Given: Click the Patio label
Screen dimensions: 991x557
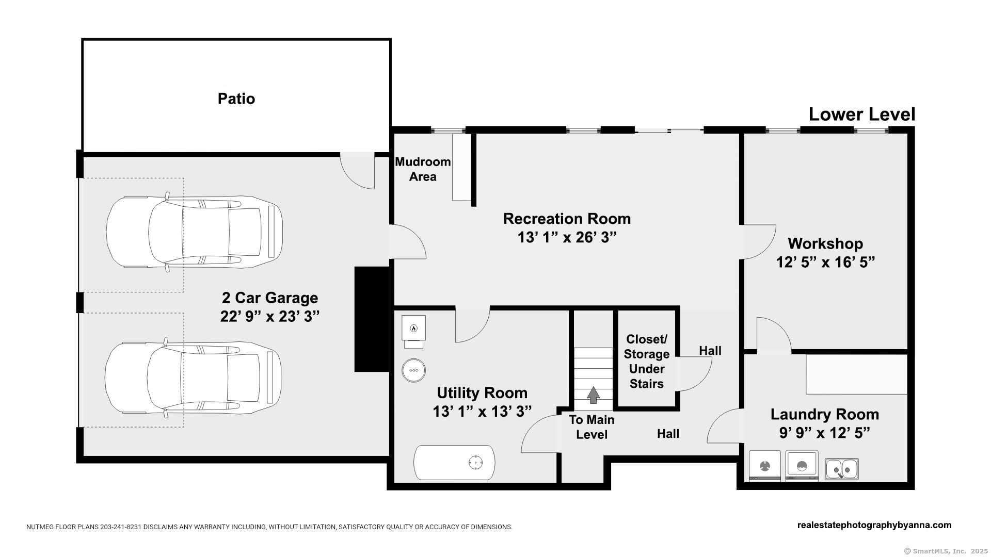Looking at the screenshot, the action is (x=236, y=99).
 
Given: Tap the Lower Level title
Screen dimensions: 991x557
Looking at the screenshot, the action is (x=861, y=114).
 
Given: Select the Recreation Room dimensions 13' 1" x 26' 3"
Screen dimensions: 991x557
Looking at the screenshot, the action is (x=567, y=237).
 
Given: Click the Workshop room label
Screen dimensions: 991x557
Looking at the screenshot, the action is (x=825, y=243).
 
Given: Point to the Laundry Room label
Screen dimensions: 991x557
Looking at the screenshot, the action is (x=825, y=414).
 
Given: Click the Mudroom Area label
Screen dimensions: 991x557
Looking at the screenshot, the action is (x=423, y=169).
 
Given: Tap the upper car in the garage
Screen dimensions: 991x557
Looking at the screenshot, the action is (x=194, y=232).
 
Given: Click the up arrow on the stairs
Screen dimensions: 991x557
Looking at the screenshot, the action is (x=594, y=395).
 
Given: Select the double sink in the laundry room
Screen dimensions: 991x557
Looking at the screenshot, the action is (x=842, y=469).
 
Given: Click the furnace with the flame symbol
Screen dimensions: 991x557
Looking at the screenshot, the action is (x=413, y=328).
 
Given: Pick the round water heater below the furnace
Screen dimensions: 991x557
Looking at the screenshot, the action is (x=414, y=370).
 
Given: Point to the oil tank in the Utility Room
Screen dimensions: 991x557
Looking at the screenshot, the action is (x=454, y=463).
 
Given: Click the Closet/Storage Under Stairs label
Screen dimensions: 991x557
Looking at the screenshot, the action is (x=647, y=362).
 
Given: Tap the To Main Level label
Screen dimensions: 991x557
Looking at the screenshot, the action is (x=592, y=427).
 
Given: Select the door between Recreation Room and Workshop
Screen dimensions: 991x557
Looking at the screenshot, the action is (x=759, y=242).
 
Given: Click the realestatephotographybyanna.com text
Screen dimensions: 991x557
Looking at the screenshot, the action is (x=874, y=525).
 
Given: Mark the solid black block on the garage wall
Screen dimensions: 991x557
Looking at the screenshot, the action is (x=372, y=319).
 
